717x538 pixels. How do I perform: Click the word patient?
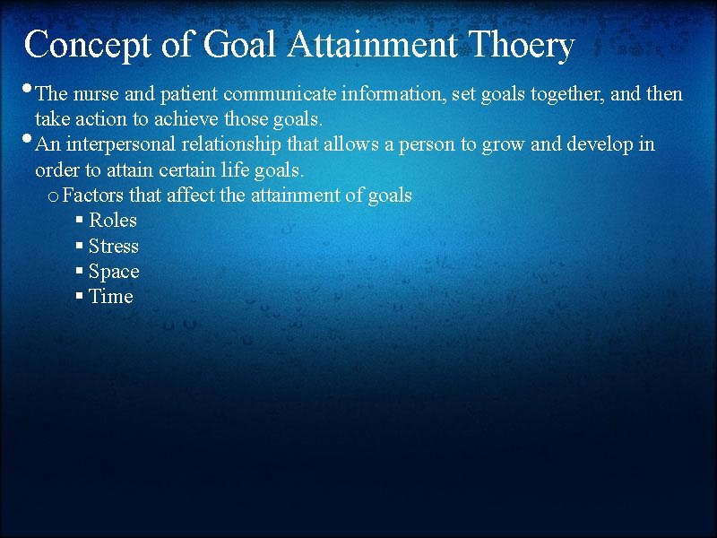pyautogui.click(x=190, y=94)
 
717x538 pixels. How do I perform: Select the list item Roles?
pyautogui.click(x=113, y=221)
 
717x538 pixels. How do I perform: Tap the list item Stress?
pyautogui.click(x=114, y=247)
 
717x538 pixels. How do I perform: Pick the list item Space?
pyautogui.click(x=114, y=272)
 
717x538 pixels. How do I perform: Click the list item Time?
pyautogui.click(x=111, y=297)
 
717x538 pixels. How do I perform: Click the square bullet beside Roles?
pyautogui.click(x=80, y=221)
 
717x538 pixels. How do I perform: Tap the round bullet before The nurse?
pyautogui.click(x=29, y=90)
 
